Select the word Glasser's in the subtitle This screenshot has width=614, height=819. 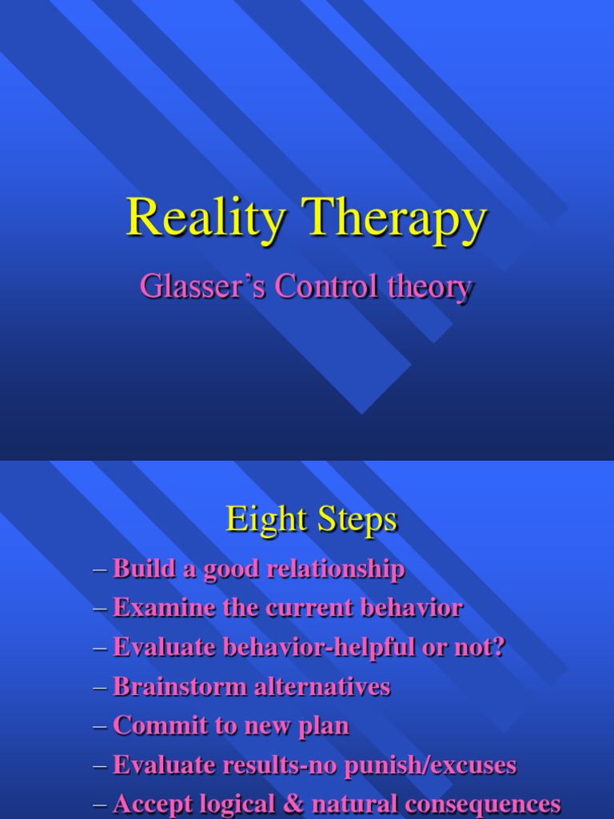202,286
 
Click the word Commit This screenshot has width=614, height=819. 150,725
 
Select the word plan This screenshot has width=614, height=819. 326,726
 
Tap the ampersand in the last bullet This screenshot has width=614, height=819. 289,804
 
